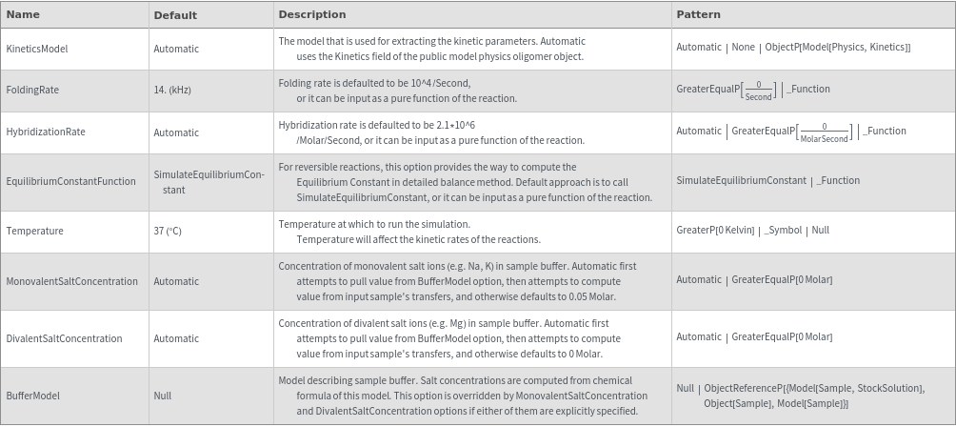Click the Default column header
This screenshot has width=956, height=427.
click(175, 14)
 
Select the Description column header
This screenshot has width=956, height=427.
click(311, 14)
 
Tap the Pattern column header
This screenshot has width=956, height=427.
click(698, 14)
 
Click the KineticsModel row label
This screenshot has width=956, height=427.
click(37, 49)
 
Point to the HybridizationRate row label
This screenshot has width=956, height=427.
click(46, 132)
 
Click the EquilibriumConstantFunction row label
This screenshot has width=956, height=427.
click(70, 181)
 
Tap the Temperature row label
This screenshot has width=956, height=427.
click(34, 231)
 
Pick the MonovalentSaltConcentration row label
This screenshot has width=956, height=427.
click(71, 281)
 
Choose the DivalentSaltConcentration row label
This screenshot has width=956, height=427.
click(64, 338)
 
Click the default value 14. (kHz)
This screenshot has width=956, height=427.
click(172, 90)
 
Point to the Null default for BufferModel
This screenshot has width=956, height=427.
click(163, 396)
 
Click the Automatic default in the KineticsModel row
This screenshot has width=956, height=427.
click(176, 49)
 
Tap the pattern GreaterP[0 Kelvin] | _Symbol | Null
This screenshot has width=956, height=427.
click(752, 231)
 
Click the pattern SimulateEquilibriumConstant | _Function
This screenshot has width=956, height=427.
click(767, 181)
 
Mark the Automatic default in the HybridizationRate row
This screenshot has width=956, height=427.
click(176, 132)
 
